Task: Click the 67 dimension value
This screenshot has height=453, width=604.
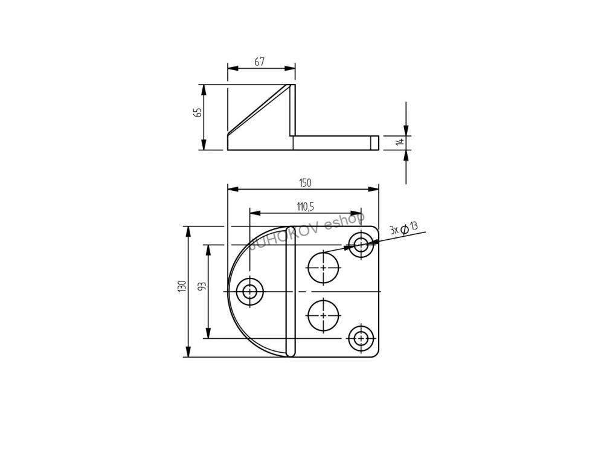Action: click(259, 62)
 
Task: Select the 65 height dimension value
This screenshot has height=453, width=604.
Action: click(198, 112)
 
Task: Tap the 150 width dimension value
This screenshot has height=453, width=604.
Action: click(305, 182)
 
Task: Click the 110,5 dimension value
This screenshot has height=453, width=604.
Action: click(305, 207)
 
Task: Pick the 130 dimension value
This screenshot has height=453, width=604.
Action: click(182, 286)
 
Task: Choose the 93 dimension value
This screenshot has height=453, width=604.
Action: click(202, 286)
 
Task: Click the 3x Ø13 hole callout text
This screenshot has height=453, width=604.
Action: click(403, 228)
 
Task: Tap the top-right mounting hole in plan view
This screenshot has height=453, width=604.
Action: click(361, 244)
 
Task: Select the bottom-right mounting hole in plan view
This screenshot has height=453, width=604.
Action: click(361, 339)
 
